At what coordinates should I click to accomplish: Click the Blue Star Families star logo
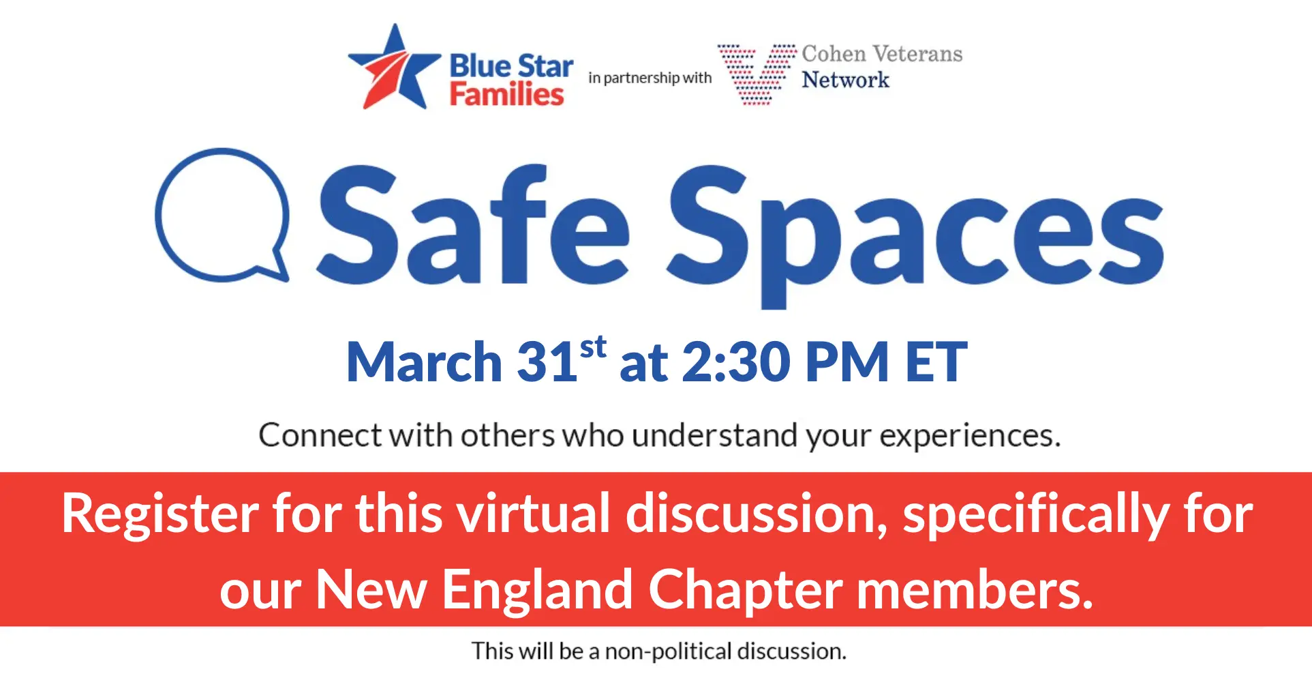[x=394, y=68]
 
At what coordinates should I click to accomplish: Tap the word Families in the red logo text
[x=506, y=94]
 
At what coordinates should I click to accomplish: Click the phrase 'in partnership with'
[x=650, y=78]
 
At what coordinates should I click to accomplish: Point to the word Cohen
[x=834, y=53]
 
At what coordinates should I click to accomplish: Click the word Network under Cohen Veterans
[x=845, y=80]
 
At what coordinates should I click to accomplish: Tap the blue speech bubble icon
[x=222, y=216]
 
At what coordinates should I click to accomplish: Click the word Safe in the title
[x=473, y=224]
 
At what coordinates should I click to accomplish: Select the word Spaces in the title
[x=915, y=235]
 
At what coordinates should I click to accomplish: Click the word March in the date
[x=424, y=362]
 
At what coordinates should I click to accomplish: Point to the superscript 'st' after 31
[x=593, y=347]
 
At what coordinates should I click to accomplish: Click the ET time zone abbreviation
[x=936, y=362]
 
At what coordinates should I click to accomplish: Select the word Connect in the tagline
[x=320, y=435]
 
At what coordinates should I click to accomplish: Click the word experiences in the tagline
[x=970, y=437]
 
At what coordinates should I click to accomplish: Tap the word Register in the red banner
[x=160, y=516]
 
